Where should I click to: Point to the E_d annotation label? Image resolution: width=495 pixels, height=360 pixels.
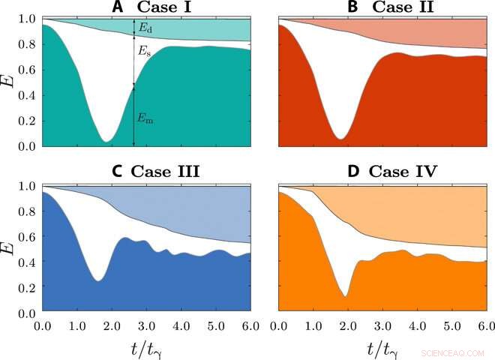pos(145,28)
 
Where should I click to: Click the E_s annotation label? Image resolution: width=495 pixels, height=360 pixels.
pos(145,52)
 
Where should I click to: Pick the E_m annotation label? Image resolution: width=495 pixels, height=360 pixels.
pos(145,118)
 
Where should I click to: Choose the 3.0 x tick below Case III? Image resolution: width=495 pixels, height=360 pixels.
pos(146,326)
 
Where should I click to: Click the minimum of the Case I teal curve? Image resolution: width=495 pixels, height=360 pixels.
pos(106,141)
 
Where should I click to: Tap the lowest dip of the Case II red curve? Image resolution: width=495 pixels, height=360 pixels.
pos(341,139)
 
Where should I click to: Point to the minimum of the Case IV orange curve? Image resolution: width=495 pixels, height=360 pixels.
pos(345,296)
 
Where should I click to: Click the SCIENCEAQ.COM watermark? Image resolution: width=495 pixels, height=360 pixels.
pos(455,350)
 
